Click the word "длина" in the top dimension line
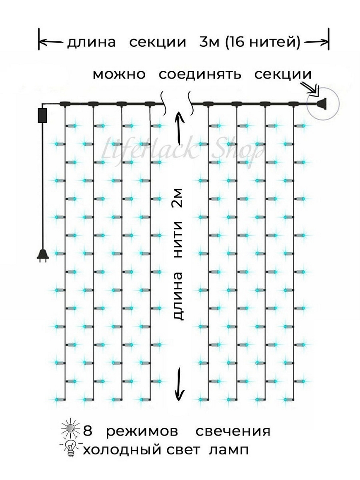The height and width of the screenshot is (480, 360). [91, 42]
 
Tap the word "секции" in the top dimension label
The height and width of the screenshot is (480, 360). [157, 42]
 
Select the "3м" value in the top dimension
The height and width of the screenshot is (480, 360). [209, 42]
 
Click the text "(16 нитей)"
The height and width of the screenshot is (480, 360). [263, 42]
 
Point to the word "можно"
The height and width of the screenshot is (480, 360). [119, 75]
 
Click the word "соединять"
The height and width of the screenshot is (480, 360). [200, 75]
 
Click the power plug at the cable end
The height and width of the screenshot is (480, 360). [42, 255]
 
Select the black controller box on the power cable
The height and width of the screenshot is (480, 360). [42, 115]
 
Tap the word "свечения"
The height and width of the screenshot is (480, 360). [233, 431]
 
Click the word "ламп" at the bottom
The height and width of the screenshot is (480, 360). [229, 450]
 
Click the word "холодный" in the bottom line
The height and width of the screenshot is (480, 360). [122, 450]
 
